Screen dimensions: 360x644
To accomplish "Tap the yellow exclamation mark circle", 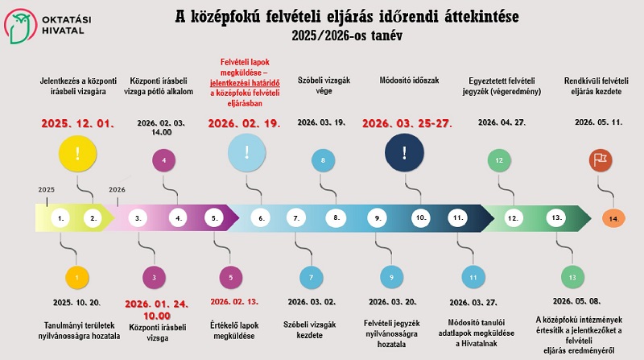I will coord(77,153).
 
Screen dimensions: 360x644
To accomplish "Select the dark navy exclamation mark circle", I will coord(404,151).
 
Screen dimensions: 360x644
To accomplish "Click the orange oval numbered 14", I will coord(613,218).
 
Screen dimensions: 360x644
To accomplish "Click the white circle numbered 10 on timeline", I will coord(419,217).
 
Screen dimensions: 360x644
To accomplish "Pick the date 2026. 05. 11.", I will coord(596,122).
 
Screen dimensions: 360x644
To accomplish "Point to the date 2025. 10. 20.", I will coord(77,302).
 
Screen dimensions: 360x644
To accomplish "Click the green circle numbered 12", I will coord(500,160).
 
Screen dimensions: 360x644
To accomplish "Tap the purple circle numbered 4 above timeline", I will coord(164,160).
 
